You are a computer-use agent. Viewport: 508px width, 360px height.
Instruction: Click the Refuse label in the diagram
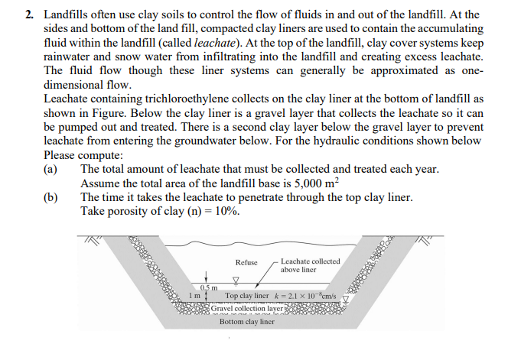246,263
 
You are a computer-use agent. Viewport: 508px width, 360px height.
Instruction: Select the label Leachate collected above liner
310,265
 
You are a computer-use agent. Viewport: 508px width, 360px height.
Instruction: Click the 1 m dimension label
194,295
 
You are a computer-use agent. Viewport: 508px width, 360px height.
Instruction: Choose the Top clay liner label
247,295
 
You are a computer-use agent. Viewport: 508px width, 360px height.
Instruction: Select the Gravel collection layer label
248,307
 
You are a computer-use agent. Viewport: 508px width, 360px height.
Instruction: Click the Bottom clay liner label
246,322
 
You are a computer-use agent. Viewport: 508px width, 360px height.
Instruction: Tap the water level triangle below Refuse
236,279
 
